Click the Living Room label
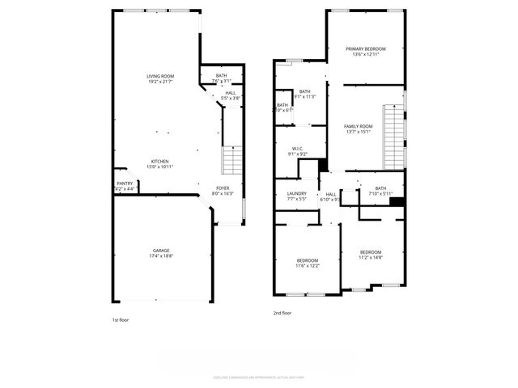tap(160, 76)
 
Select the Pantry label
tap(125, 183)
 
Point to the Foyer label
tap(222, 188)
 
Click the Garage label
tap(160, 251)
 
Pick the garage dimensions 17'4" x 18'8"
tap(160, 256)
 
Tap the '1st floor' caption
tap(121, 319)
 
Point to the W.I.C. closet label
tap(297, 149)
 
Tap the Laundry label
tap(296, 193)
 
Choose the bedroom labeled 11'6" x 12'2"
tap(307, 262)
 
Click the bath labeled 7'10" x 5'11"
tap(380, 189)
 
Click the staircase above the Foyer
tap(231, 159)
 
